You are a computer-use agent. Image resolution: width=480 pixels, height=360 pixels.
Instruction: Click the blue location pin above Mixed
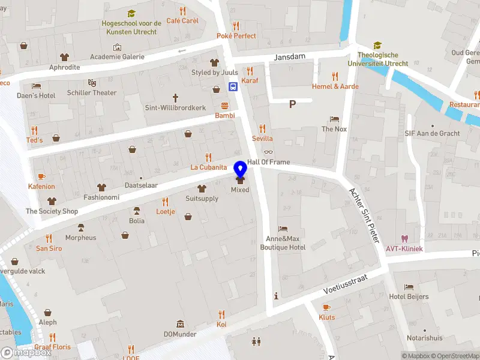tap(240, 169)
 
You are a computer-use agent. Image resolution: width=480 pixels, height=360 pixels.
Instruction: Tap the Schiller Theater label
tap(92, 92)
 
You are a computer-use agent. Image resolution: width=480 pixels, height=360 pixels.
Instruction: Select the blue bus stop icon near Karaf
tap(233, 86)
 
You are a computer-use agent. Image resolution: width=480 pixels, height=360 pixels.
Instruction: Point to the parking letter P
tap(293, 104)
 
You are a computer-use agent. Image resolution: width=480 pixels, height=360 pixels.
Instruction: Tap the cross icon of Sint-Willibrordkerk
tap(176, 97)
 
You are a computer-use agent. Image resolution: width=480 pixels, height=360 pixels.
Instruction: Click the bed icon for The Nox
tap(334, 119)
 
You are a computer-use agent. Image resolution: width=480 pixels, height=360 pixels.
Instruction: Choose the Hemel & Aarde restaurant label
tap(335, 86)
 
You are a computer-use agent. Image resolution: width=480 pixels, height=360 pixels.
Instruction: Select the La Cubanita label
tap(208, 167)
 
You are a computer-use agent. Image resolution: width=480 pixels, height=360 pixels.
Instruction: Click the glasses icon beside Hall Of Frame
tap(268, 152)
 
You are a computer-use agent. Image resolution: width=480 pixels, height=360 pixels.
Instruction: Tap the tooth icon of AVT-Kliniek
tap(404, 239)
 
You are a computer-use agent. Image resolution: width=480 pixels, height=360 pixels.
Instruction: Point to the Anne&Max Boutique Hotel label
tap(283, 242)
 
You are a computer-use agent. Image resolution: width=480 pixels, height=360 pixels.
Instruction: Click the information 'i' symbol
tap(276, 295)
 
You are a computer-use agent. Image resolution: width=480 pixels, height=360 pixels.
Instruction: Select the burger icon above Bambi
tap(224, 105)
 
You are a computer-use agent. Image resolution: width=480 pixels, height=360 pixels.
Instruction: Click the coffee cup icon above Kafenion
tap(41, 176)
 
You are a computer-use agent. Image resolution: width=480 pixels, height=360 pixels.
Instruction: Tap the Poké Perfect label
tap(236, 36)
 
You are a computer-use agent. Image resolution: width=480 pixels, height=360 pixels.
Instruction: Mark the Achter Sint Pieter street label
tap(365, 215)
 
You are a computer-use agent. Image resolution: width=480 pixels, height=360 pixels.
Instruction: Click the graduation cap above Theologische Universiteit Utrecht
tap(377, 46)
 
